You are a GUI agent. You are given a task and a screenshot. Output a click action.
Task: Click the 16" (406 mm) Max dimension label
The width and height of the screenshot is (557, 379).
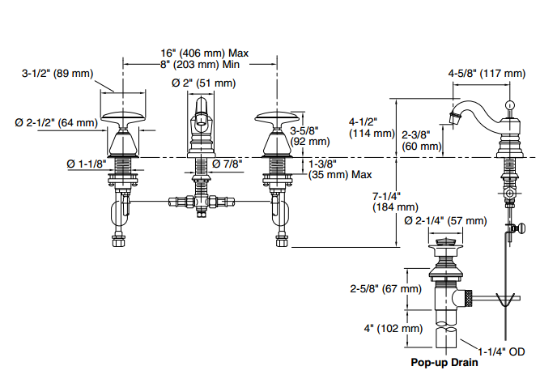204,53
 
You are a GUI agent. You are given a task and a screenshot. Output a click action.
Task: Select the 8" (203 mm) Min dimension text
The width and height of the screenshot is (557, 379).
200,65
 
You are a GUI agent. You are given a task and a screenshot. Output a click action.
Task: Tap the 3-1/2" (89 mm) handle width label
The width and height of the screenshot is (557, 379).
57,74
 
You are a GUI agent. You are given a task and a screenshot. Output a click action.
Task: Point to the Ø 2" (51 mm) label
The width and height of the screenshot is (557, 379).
203,83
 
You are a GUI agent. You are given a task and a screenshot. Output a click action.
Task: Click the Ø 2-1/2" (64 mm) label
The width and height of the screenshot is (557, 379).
56,122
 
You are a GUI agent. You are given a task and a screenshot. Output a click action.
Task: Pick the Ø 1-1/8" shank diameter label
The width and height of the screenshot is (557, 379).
87,164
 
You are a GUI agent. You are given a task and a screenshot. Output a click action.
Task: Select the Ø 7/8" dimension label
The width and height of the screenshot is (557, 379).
227,164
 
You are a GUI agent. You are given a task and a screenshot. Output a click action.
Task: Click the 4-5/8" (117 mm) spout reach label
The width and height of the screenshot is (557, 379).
487,74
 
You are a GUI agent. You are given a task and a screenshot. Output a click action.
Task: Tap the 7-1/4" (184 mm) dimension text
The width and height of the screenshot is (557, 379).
395,202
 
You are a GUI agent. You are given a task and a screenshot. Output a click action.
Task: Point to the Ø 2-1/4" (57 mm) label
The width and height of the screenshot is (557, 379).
445,220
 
